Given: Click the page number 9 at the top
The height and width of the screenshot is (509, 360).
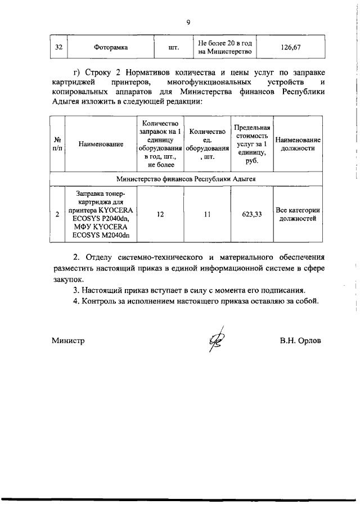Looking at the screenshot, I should [188, 22].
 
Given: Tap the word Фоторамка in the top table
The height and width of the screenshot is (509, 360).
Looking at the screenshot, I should [111, 48].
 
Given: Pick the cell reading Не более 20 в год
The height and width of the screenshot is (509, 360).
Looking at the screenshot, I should [224, 48].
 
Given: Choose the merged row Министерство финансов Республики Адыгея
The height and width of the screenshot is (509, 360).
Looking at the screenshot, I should [187, 179].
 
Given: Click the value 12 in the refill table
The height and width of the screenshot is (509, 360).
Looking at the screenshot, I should [161, 214].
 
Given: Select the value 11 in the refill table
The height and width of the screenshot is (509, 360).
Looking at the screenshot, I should [208, 214].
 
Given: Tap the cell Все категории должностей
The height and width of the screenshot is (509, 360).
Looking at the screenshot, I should [298, 214].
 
